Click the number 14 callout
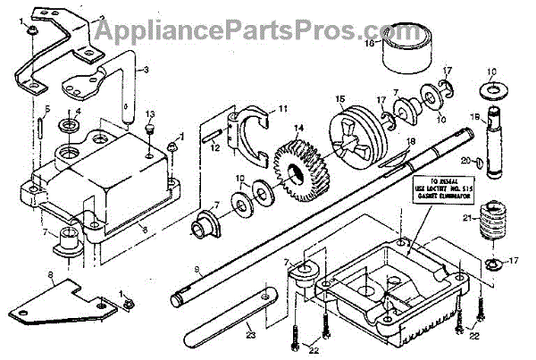[x=298, y=129]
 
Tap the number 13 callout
[x=151, y=113]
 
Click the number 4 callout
[x=79, y=112]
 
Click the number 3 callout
[x=148, y=69]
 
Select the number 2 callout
[x=102, y=16]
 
